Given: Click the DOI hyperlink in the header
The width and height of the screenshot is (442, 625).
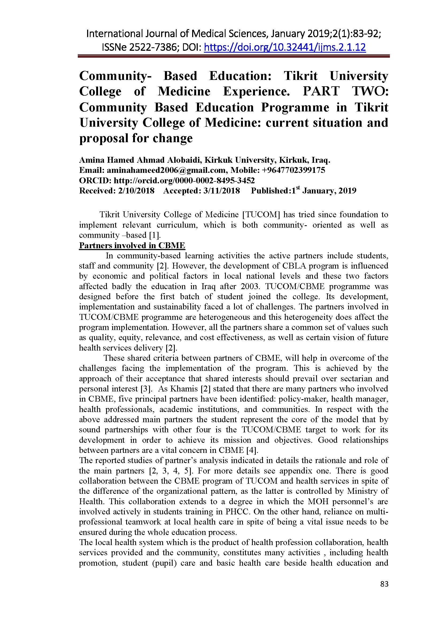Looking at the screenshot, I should (x=285, y=48).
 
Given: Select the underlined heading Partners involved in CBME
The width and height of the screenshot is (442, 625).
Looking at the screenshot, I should (x=132, y=246).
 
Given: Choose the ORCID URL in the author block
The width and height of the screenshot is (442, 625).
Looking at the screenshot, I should (x=184, y=180).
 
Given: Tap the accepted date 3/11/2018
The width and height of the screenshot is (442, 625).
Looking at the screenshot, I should (x=222, y=191).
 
